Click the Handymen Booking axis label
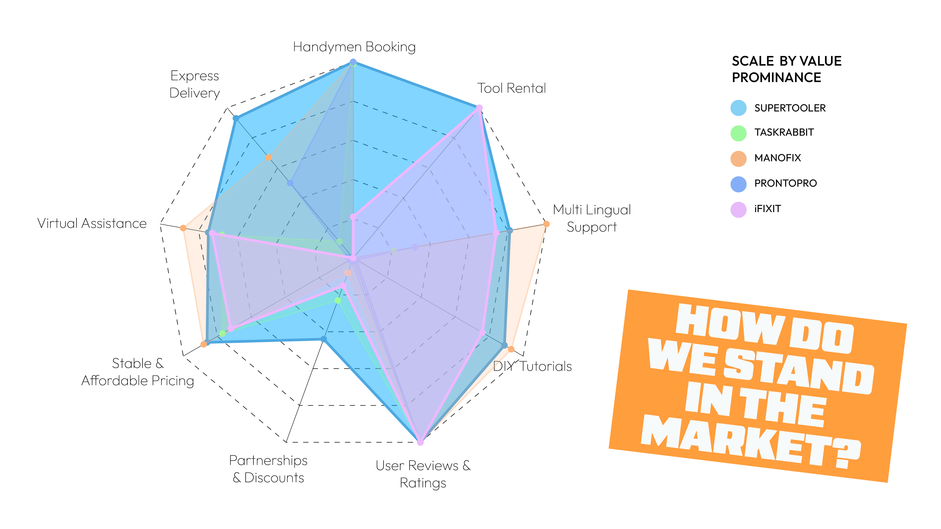pos(354,47)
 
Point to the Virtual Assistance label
pos(92,223)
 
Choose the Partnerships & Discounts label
pos(268,469)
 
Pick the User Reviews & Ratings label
pos(423,474)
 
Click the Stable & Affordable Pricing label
pos(137,372)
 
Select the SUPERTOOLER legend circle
pos(738,108)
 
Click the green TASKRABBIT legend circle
pos(738,133)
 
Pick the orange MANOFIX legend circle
pos(738,158)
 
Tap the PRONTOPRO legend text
pos(785,183)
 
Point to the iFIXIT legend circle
pos(738,209)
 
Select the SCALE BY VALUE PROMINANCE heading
pos(786,69)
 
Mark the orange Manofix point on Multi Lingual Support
pos(546,224)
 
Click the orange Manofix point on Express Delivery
pos(268,157)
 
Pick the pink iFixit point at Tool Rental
pos(479,108)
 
